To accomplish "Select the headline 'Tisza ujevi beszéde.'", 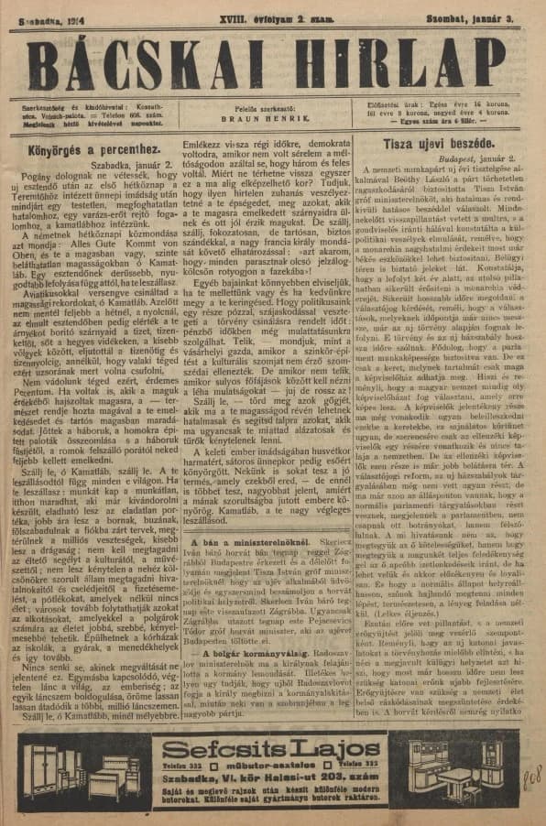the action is tap(439, 143).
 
